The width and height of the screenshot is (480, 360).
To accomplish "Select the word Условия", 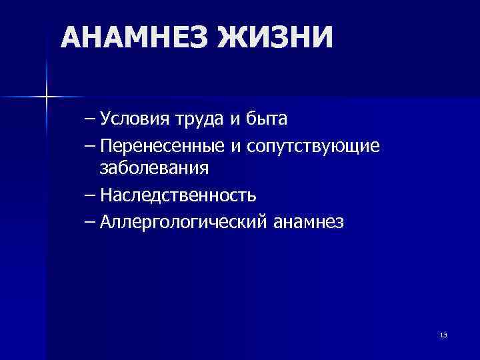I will (x=135, y=120).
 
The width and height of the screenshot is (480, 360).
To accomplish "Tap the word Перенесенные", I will (x=162, y=145).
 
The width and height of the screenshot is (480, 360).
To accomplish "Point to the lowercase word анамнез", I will (x=309, y=221).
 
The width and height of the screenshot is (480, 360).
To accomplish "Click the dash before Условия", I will (x=90, y=121).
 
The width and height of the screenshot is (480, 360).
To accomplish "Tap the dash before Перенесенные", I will (x=90, y=145).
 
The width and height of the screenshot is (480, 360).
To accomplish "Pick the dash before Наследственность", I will (x=90, y=195).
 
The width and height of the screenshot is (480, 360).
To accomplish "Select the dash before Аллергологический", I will (x=90, y=221).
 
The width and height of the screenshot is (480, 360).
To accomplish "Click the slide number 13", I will (x=443, y=334).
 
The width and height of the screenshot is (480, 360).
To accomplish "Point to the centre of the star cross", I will (x=47, y=97).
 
